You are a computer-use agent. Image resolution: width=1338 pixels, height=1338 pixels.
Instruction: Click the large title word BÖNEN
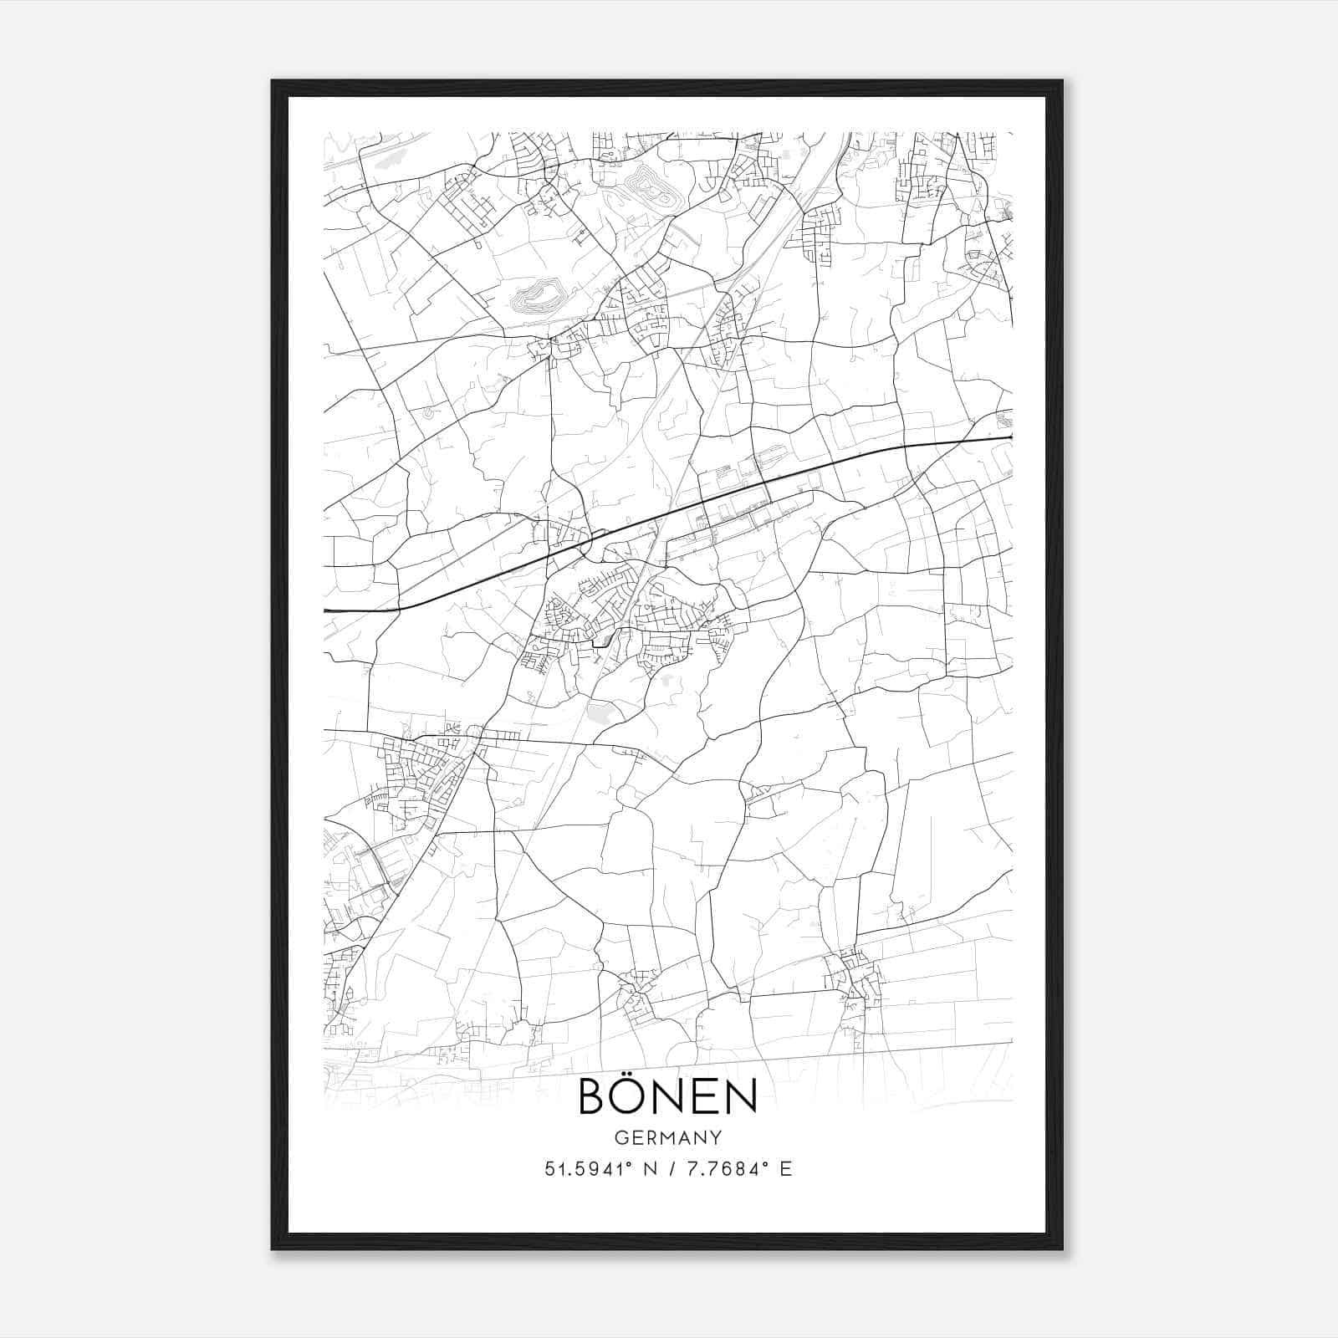coord(667,1096)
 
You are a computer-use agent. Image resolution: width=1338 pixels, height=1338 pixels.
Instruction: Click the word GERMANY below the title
coord(667,1137)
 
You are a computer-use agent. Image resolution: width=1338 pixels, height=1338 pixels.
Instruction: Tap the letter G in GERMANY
coord(619,1137)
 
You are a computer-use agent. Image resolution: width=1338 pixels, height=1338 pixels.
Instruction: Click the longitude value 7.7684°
coord(725,1169)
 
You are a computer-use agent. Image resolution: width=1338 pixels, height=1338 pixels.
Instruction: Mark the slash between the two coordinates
coord(670,1169)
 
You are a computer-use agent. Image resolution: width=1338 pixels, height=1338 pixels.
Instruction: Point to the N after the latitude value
coord(646,1169)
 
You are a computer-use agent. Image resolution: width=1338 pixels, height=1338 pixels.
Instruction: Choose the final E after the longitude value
coord(785,1169)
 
